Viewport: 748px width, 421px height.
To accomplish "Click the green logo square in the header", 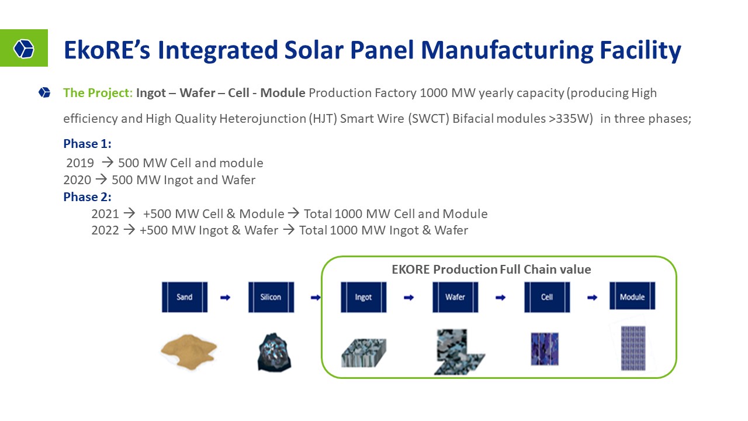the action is (x=24, y=48).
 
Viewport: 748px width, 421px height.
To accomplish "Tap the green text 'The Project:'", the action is (x=98, y=93).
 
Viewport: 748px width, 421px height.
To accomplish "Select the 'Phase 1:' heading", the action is (x=87, y=144).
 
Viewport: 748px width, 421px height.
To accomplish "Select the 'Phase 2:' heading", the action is (x=87, y=197).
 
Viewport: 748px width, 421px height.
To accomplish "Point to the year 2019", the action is (x=80, y=163).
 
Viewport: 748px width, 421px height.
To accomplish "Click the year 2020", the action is (x=77, y=180).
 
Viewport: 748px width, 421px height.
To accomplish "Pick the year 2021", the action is (x=105, y=214).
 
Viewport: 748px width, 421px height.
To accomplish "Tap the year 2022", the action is (x=105, y=230).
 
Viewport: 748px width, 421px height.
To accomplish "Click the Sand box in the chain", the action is (x=185, y=297).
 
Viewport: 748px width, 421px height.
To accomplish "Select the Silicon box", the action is (x=271, y=297).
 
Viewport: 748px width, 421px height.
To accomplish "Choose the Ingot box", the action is (x=363, y=297).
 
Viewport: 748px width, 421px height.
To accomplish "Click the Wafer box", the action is (x=455, y=297).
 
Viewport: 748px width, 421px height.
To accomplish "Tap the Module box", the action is (x=632, y=296).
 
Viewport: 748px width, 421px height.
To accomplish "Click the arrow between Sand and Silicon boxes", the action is (x=226, y=298).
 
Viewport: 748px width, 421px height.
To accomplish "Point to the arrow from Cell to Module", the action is (x=592, y=298).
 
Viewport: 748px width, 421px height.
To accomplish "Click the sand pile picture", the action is (x=189, y=351).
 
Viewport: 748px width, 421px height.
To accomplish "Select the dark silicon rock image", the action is (x=275, y=352).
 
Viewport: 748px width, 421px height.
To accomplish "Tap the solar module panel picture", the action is (x=633, y=348).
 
